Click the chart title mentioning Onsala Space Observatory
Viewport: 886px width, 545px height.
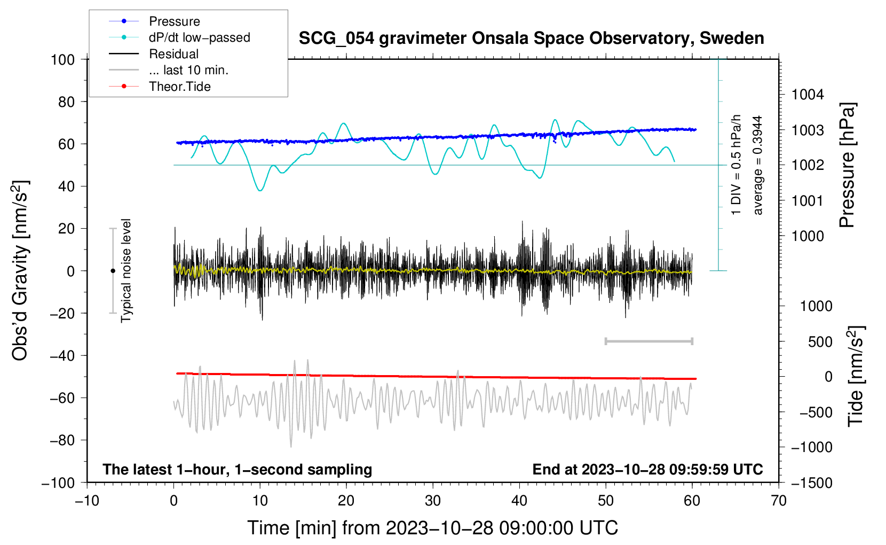(x=531, y=38)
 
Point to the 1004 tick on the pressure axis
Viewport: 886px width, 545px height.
(x=808, y=95)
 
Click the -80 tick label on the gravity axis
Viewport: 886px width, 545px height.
(x=62, y=440)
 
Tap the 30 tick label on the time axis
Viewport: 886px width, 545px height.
(x=433, y=501)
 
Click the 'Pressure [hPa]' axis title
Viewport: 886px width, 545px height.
(x=847, y=165)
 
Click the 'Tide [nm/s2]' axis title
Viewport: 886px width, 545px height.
(x=856, y=376)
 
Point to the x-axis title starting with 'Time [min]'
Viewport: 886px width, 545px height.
(x=433, y=528)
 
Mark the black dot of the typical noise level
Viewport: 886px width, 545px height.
(x=113, y=271)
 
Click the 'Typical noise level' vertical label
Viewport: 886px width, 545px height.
(x=126, y=270)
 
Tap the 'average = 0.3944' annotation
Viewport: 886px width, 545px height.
(x=757, y=165)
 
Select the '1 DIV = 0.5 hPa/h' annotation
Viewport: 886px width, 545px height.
(x=735, y=165)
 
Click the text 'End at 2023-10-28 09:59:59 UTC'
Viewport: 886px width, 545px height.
(x=647, y=469)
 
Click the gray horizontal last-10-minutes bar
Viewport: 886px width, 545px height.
(x=649, y=341)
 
